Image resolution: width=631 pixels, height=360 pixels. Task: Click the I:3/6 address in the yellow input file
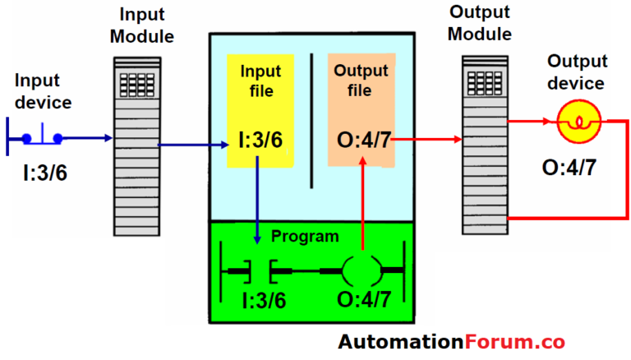coord(259,140)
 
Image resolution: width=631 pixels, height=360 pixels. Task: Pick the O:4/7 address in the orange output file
coord(362,140)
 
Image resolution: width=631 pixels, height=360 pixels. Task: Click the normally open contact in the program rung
coord(258,270)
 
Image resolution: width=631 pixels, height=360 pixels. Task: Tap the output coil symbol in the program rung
coord(362,270)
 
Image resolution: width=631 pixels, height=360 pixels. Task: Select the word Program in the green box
coord(305,237)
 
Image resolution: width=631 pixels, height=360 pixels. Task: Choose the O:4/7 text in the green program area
coord(362,302)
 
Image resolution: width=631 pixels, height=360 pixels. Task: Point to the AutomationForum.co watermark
coord(451,341)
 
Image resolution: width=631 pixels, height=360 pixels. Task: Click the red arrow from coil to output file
coord(362,205)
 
